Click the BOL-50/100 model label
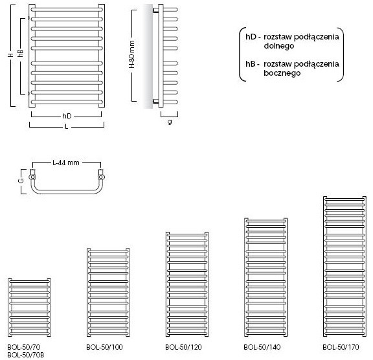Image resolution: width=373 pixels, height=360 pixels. click(x=105, y=347)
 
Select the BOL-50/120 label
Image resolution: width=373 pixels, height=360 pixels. click(x=183, y=347)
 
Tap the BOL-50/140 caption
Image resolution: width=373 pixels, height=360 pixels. click(x=262, y=347)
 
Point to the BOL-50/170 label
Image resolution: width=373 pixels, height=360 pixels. click(x=341, y=347)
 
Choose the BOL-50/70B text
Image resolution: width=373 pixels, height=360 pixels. click(x=26, y=355)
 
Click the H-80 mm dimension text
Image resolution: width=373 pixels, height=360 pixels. click(x=132, y=54)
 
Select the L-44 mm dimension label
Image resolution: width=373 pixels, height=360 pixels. click(x=66, y=163)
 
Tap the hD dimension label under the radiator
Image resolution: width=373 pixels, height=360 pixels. click(x=67, y=116)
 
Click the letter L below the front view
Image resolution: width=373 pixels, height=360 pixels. click(x=67, y=126)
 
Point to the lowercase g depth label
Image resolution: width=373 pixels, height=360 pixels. click(x=170, y=122)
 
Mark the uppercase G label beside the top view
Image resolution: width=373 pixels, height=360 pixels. click(x=21, y=181)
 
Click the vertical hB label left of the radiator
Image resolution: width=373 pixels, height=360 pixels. click(x=21, y=53)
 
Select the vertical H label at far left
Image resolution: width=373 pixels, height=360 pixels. click(x=10, y=55)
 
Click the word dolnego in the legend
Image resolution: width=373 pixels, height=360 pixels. click(x=279, y=46)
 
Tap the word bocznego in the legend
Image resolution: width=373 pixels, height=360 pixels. click(x=282, y=73)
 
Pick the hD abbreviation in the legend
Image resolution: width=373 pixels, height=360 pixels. click(x=251, y=37)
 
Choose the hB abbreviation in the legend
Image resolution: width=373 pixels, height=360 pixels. click(x=251, y=63)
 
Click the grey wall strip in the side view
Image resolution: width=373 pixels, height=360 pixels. click(x=148, y=56)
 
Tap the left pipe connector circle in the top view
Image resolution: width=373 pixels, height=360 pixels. click(x=32, y=177)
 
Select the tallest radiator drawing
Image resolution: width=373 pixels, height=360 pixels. click(x=345, y=267)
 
